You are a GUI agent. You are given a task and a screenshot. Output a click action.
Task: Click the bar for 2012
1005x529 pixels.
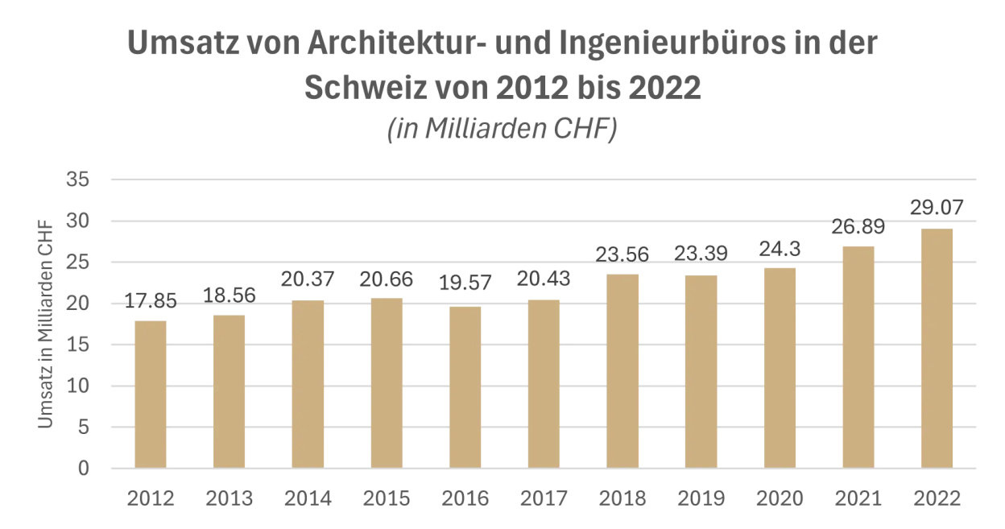(x=151, y=395)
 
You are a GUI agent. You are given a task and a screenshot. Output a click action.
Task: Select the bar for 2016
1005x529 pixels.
(x=465, y=387)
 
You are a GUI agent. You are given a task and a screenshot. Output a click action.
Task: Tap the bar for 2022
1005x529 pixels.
(x=937, y=348)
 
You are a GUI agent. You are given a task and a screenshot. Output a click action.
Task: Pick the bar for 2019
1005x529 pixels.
(x=701, y=371)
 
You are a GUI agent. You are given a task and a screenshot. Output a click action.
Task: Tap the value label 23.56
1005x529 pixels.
(x=622, y=254)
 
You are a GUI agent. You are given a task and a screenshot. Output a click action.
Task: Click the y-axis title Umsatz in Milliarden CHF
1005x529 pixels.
(x=48, y=324)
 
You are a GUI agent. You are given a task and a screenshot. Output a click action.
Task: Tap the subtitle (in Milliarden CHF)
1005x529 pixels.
(x=502, y=130)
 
